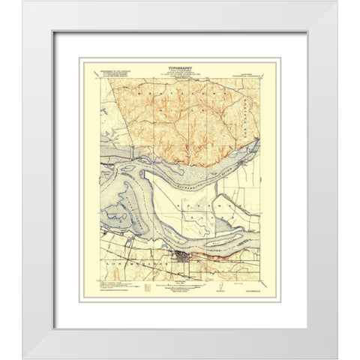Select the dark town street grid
click(x=181, y=259)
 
